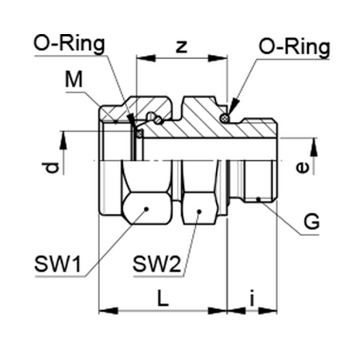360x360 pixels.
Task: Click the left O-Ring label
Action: click(x=69, y=45)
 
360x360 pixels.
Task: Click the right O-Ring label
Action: click(x=294, y=48)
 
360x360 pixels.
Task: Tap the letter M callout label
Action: click(x=74, y=80)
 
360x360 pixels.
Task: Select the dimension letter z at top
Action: click(x=181, y=47)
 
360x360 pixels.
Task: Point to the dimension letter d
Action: click(x=52, y=168)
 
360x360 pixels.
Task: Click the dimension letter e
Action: click(x=303, y=167)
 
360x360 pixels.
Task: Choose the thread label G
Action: click(x=312, y=222)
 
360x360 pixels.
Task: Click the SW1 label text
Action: click(x=58, y=265)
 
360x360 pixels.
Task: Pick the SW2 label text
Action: click(x=157, y=264)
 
